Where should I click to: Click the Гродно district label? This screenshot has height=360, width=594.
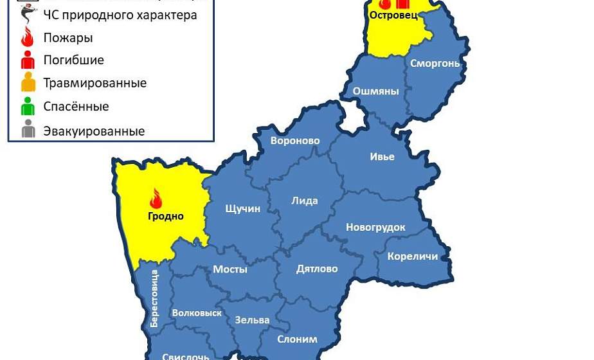tap(166, 216)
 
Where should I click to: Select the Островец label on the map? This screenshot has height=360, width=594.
tap(393, 15)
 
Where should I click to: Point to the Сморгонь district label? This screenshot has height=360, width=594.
tap(436, 63)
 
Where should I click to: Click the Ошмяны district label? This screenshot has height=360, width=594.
tap(377, 91)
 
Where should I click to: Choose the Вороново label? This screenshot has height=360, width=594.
tap(295, 141)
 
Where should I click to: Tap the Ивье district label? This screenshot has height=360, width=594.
tap(382, 157)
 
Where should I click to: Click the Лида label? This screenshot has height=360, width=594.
tap(305, 201)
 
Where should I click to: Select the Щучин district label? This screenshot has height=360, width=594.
tap(243, 209)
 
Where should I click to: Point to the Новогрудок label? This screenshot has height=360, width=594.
tap(375, 227)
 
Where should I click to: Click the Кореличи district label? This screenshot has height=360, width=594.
tap(412, 256)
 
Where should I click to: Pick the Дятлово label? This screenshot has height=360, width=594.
tap(317, 269)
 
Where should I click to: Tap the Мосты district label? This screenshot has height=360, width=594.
tap(230, 269)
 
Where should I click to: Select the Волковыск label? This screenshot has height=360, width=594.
tap(197, 313)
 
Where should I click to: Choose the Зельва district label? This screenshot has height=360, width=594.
tap(253, 319)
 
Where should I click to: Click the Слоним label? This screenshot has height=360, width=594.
tap(297, 339)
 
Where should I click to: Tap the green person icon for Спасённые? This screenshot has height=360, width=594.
tap(28, 106)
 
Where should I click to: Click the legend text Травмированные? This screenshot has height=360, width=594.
tap(94, 83)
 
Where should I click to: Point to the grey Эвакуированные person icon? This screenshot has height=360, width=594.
tap(28, 129)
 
